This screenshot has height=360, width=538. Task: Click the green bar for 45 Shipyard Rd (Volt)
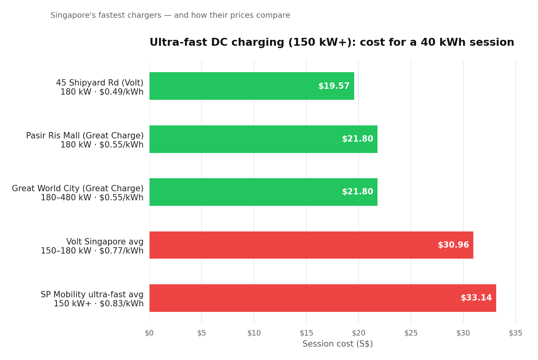click(x=252, y=86)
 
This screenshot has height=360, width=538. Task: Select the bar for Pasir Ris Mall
click(x=263, y=139)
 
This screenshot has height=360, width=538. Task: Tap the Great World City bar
click(x=263, y=192)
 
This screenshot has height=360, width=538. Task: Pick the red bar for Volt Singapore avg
click(x=311, y=245)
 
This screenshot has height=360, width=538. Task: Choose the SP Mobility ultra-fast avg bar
click(x=322, y=298)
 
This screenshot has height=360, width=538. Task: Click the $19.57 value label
click(x=334, y=86)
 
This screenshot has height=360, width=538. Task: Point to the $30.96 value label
click(x=453, y=245)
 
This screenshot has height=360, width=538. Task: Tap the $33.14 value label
click(x=476, y=298)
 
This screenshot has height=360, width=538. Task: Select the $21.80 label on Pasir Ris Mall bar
click(x=357, y=139)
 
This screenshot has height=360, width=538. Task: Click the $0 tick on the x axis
click(x=149, y=333)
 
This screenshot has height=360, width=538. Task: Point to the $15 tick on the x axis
click(x=306, y=333)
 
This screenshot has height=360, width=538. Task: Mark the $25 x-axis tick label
click(x=411, y=333)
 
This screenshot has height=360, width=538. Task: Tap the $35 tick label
click(x=515, y=333)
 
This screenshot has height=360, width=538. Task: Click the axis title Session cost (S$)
click(x=338, y=344)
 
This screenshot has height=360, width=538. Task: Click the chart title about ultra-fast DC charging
click(x=332, y=43)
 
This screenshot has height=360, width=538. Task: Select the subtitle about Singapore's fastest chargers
click(x=170, y=15)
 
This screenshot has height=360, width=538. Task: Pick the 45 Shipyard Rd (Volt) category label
click(x=100, y=83)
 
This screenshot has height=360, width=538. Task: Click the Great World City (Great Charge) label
click(x=78, y=189)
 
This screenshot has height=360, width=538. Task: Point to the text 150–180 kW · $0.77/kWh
click(x=92, y=251)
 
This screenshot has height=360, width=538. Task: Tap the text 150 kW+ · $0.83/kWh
click(x=99, y=304)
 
